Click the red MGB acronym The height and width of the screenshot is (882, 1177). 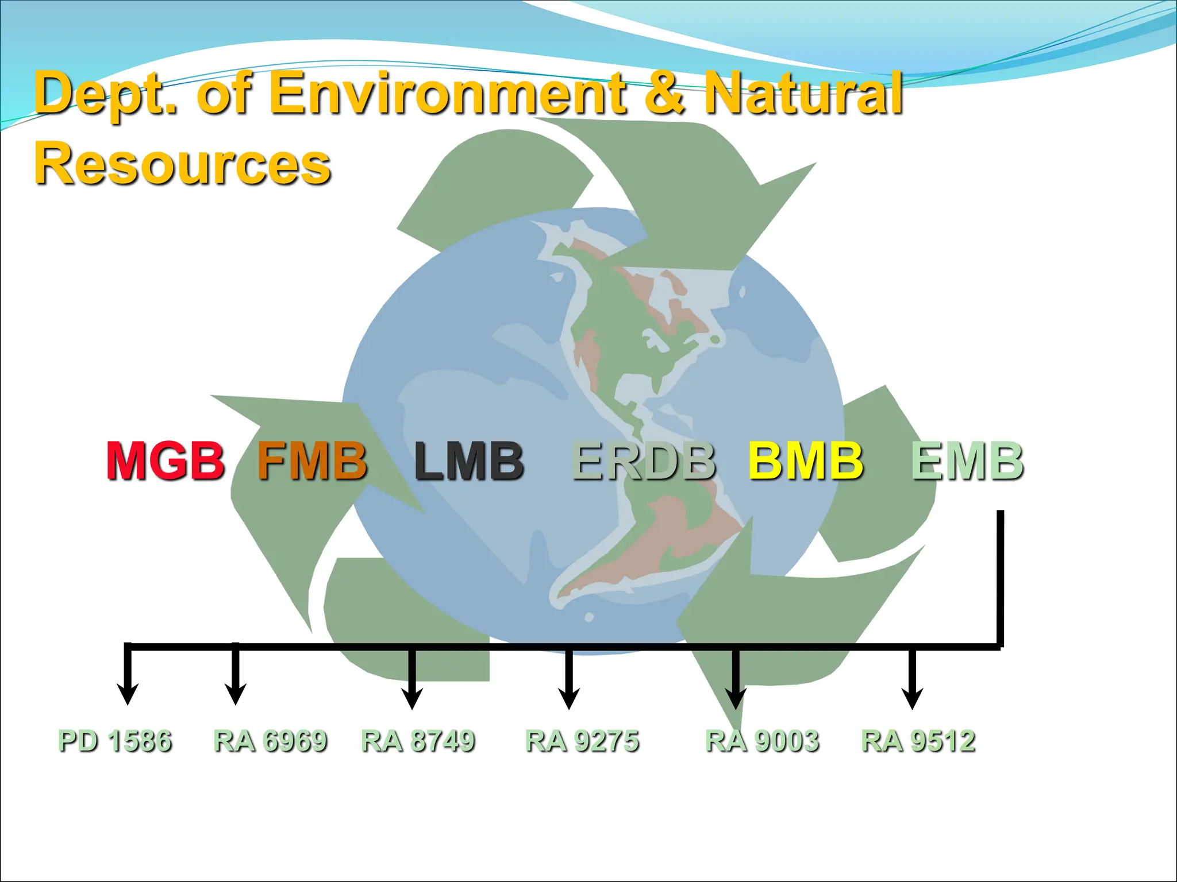click(166, 461)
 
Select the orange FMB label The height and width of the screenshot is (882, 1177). click(312, 461)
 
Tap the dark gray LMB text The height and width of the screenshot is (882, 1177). click(469, 461)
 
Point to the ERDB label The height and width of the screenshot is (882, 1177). click(644, 461)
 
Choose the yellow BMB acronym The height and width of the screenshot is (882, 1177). click(806, 461)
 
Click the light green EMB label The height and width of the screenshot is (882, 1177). click(967, 461)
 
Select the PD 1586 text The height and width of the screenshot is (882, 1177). click(115, 741)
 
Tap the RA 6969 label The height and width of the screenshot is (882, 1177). click(270, 741)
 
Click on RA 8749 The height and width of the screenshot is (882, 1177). click(418, 741)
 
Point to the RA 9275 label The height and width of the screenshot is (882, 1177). click(582, 741)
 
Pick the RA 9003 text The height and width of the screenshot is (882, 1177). click(762, 741)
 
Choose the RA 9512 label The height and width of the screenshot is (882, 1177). click(918, 741)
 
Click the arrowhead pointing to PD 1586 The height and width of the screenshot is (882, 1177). click(128, 694)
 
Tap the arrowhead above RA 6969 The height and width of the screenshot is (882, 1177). click(235, 694)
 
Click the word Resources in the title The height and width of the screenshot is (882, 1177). click(183, 164)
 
